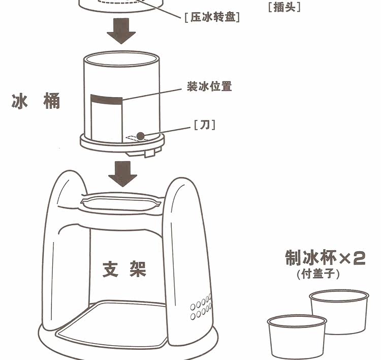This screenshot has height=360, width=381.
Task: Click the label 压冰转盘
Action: click(x=212, y=17)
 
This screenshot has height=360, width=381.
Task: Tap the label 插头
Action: click(x=284, y=7)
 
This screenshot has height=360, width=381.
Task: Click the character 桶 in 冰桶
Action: click(x=51, y=101)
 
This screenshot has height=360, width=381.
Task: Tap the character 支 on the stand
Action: click(x=111, y=269)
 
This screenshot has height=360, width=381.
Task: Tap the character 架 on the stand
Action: click(x=136, y=269)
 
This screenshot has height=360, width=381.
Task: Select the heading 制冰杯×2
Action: click(x=326, y=258)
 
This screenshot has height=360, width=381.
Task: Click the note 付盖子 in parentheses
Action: click(x=318, y=274)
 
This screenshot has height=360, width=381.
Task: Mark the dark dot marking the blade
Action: click(x=141, y=135)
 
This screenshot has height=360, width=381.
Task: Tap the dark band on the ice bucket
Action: click(x=106, y=100)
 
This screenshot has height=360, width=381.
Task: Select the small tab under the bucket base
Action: click(x=149, y=153)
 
